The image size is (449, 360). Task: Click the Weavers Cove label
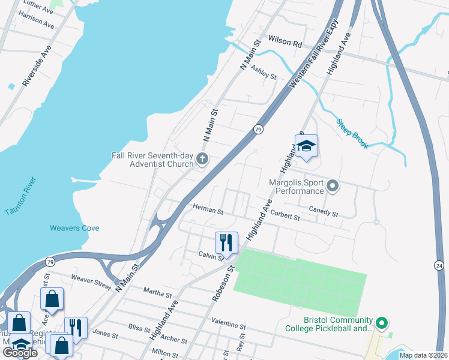[74, 228]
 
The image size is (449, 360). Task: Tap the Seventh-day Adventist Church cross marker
[202, 160]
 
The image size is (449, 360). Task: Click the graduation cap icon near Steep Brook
[306, 146]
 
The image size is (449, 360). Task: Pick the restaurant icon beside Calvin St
[227, 242]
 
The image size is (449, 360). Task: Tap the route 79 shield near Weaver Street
[50, 262]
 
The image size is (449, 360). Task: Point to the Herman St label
[208, 209]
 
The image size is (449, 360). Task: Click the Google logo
[20, 353]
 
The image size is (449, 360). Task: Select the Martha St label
[157, 293]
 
